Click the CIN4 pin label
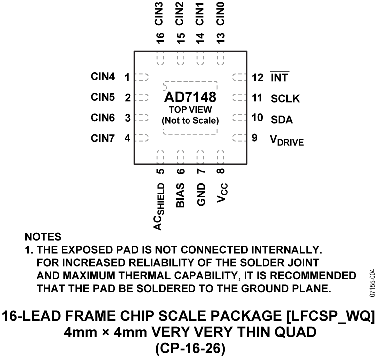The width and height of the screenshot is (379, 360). click(103, 77)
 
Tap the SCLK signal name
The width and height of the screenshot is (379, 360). click(285, 98)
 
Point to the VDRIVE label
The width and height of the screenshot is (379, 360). click(287, 140)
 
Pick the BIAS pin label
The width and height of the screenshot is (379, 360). click(180, 195)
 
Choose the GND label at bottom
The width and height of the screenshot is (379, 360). click(201, 195)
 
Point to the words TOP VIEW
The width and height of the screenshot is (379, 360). click(190, 109)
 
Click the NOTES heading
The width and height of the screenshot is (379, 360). click(42, 236)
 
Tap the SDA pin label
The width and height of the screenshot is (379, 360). click(282, 120)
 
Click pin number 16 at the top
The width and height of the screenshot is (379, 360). click(160, 38)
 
